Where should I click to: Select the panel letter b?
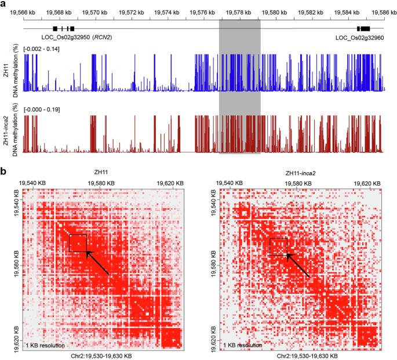tap(4, 172)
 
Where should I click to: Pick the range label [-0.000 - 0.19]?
tap(42, 109)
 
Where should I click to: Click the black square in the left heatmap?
tap(78, 243)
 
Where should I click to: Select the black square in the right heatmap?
tap(278, 246)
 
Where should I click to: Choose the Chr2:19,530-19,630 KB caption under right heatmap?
tap(302, 355)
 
